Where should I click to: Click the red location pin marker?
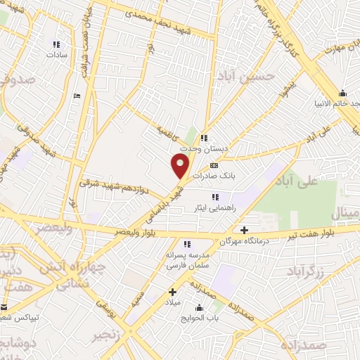(x=181, y=166)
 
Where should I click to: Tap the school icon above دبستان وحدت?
(x=204, y=138)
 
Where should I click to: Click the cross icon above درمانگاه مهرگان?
(x=244, y=230)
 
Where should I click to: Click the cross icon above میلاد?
(x=172, y=291)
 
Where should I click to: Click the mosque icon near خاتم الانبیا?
(x=342, y=94)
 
